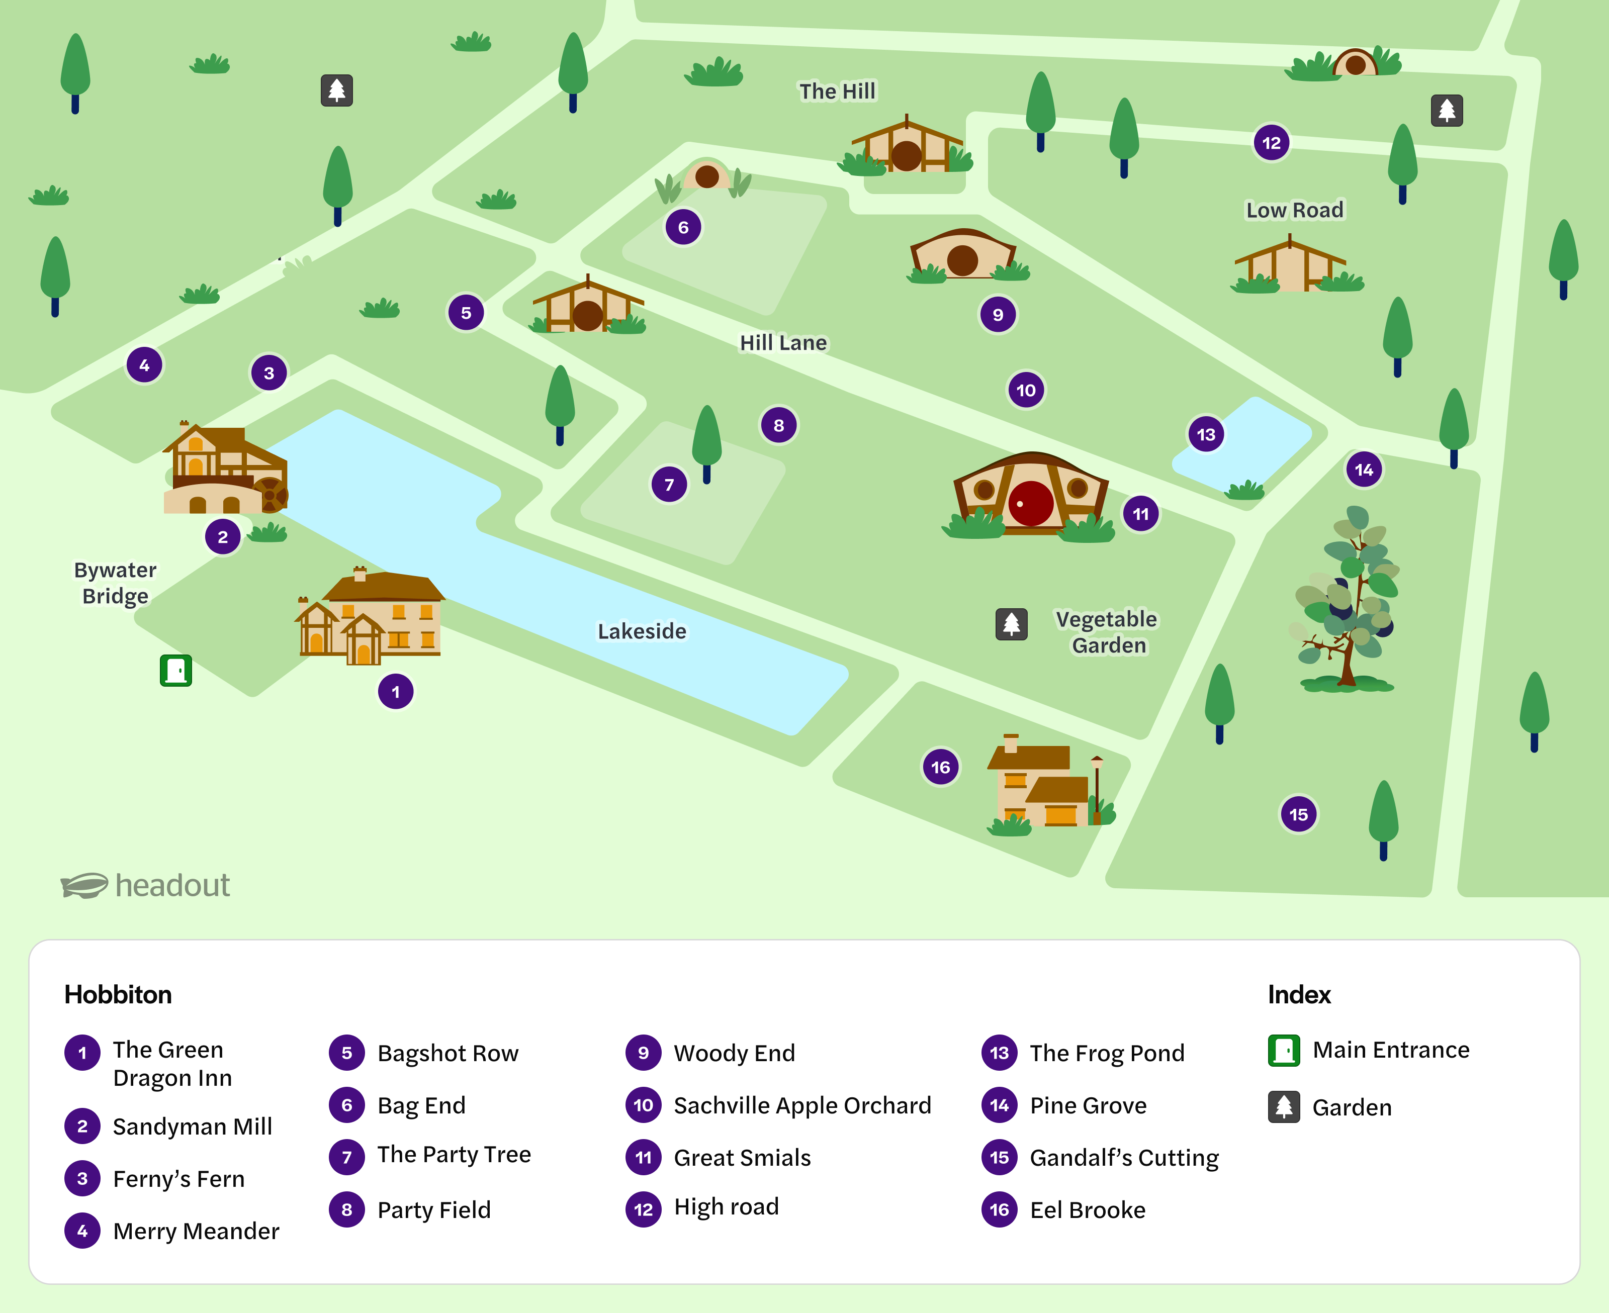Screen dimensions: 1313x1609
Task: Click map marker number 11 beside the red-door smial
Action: tap(1140, 514)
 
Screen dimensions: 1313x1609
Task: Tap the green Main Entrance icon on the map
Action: tap(175, 670)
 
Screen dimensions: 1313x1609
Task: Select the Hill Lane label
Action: tap(783, 343)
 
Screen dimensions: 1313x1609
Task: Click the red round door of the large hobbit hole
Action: tap(1030, 503)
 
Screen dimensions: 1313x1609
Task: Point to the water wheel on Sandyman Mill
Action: tap(272, 495)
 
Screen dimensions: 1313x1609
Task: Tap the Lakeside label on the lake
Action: tap(642, 631)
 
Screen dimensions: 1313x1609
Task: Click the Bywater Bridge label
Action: tap(115, 583)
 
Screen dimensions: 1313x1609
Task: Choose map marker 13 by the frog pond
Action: tap(1205, 434)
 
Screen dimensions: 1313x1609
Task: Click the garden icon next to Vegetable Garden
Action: tap(1011, 624)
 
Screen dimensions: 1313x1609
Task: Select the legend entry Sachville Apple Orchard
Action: tap(802, 1105)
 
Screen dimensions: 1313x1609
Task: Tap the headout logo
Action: tap(146, 885)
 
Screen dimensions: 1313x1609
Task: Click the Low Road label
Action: tap(1294, 210)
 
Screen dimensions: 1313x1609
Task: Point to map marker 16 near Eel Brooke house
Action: tap(940, 767)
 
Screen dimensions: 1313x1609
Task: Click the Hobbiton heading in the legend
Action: tap(118, 994)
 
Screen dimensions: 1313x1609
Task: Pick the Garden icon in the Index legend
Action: tap(1284, 1106)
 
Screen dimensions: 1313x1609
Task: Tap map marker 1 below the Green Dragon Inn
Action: tap(395, 691)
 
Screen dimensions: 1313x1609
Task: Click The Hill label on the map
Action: tap(837, 91)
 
